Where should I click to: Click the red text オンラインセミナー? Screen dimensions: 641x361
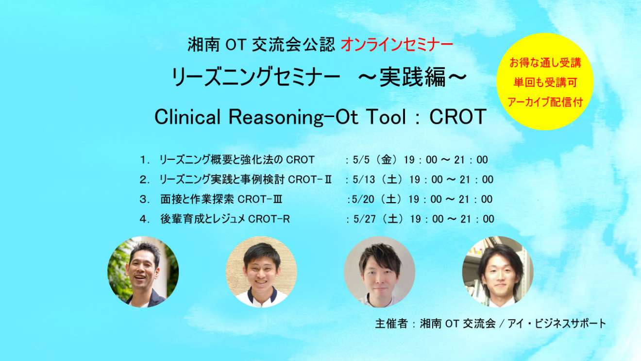tap(397, 45)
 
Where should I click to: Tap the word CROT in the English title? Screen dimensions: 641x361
tap(458, 117)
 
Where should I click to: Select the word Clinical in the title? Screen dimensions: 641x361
tap(187, 117)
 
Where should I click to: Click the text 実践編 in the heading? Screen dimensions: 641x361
tap(413, 77)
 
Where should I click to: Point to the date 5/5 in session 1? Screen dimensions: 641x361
tap(361, 160)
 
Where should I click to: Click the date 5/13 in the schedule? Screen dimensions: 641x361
tap(364, 179)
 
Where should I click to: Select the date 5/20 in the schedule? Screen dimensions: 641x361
tap(363, 199)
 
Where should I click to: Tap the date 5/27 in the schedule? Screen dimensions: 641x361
tap(365, 219)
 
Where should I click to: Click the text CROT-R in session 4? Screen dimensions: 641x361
tap(269, 219)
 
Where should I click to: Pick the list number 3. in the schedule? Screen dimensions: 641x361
tap(145, 200)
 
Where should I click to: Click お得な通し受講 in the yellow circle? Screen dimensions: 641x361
tap(545, 63)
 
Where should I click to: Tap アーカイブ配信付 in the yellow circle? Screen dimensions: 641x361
tap(545, 102)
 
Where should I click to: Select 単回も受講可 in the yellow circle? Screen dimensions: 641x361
tap(545, 83)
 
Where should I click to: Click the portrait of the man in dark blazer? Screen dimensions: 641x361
tap(143, 272)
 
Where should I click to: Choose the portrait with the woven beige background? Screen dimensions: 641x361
tap(261, 272)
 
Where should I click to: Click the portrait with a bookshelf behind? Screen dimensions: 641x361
tap(498, 272)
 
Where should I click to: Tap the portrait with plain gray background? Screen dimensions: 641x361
tap(379, 272)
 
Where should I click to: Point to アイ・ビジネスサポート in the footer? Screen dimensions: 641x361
tap(557, 324)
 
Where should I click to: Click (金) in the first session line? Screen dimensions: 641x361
tap(387, 160)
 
